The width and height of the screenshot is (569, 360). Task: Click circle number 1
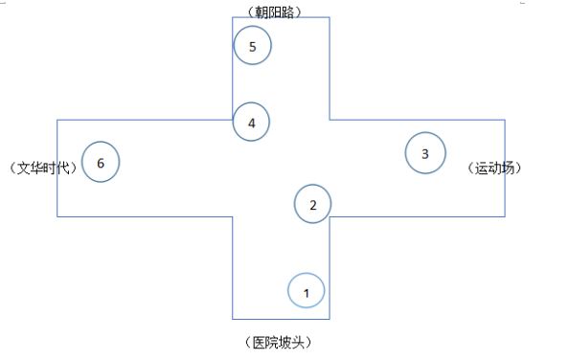pyautogui.click(x=307, y=291)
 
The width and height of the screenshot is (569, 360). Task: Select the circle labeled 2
pyautogui.click(x=312, y=203)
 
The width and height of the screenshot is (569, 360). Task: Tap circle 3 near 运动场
pyautogui.click(x=425, y=153)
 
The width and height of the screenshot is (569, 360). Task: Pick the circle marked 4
pyautogui.click(x=251, y=123)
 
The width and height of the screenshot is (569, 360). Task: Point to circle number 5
pyautogui.click(x=252, y=46)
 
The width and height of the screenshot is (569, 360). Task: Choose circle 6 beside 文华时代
pyautogui.click(x=101, y=162)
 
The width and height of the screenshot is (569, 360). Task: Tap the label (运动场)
pyautogui.click(x=497, y=168)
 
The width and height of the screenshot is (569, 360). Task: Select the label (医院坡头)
pyautogui.click(x=278, y=342)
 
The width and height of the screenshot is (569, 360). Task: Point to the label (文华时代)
pyautogui.click(x=42, y=168)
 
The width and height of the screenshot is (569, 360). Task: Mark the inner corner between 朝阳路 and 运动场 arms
pyautogui.click(x=330, y=120)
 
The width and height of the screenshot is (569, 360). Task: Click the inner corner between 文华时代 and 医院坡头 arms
pyautogui.click(x=233, y=216)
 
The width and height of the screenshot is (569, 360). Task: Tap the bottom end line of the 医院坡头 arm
pyautogui.click(x=281, y=318)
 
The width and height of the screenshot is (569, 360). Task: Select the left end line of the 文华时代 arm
pyautogui.click(x=57, y=168)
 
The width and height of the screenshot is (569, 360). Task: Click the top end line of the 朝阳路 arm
pyautogui.click(x=281, y=17)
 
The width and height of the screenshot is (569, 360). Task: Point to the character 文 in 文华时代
pyautogui.click(x=24, y=168)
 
